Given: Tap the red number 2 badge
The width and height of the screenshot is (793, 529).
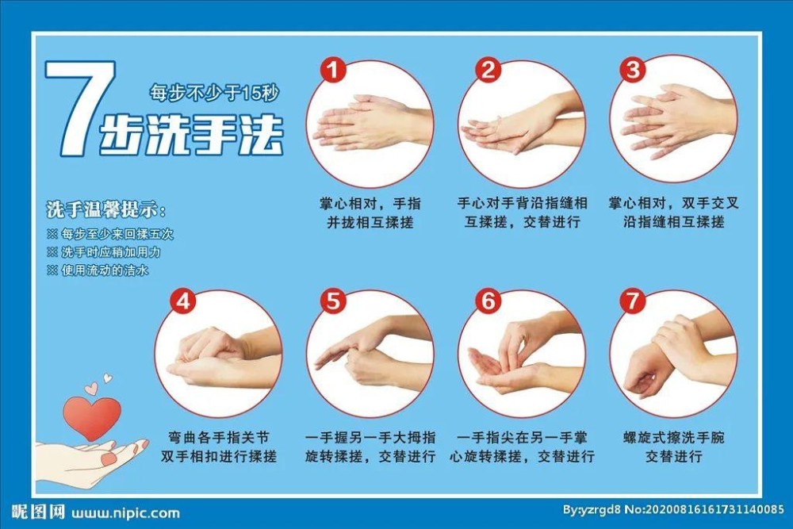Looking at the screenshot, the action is tap(488, 70).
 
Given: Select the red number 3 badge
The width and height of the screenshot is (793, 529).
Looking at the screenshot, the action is tap(633, 69).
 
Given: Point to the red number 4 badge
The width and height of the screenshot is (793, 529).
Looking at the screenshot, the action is tap(182, 301).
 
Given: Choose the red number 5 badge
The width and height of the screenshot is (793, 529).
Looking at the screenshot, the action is tap(333, 301).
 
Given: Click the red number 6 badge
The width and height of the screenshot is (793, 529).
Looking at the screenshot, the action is tap(488, 301).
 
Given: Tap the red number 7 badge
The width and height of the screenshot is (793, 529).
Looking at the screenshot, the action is tap(633, 301).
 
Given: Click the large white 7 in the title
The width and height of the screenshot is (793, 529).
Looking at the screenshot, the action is tap(80, 107).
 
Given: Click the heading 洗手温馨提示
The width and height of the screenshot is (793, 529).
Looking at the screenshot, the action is tap(105, 209).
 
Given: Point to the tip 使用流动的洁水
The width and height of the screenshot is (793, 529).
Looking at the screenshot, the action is tap(98, 270).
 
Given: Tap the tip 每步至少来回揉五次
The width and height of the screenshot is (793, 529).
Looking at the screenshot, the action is tap(110, 234).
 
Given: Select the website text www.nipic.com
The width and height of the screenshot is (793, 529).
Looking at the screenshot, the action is tap(125, 513).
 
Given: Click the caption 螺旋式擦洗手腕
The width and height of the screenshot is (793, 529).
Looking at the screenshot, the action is tap(673, 438).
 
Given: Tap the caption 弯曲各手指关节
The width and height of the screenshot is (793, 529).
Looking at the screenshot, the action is tap(219, 438).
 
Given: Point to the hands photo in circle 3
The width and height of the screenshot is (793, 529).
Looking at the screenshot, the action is tap(673, 119).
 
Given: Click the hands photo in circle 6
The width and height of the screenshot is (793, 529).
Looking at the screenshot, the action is tap(522, 354).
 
